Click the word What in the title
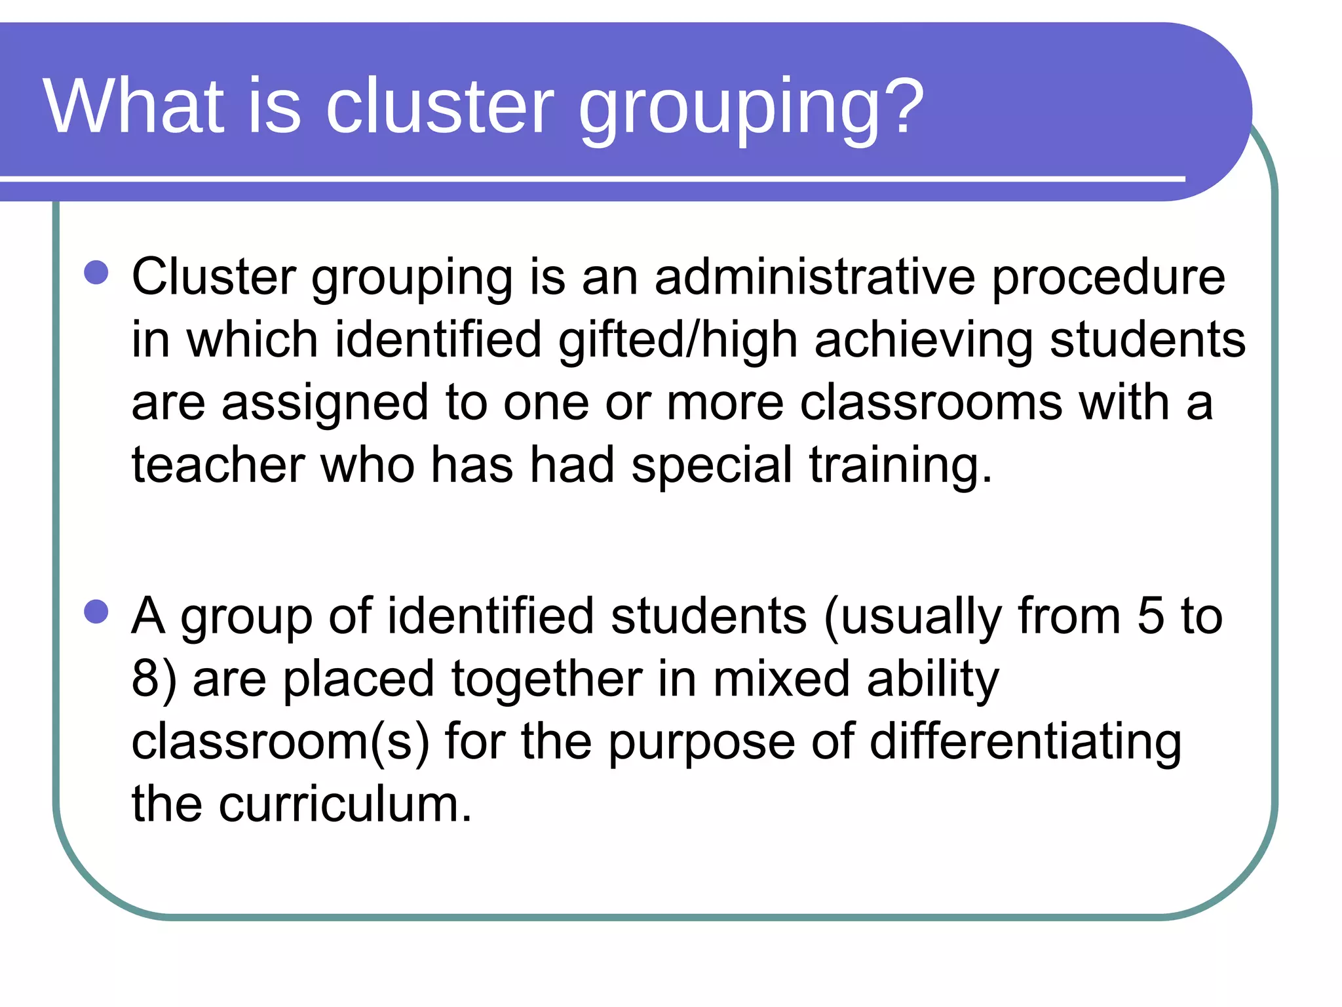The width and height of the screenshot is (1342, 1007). pyautogui.click(x=134, y=106)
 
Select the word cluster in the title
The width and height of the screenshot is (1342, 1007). pyautogui.click(x=440, y=106)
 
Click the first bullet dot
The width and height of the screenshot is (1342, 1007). pyautogui.click(x=96, y=273)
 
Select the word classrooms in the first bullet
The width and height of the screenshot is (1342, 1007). pyautogui.click(x=931, y=402)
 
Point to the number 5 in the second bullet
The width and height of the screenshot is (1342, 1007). pyautogui.click(x=1151, y=616)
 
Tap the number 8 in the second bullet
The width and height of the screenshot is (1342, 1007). pyautogui.click(x=145, y=678)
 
